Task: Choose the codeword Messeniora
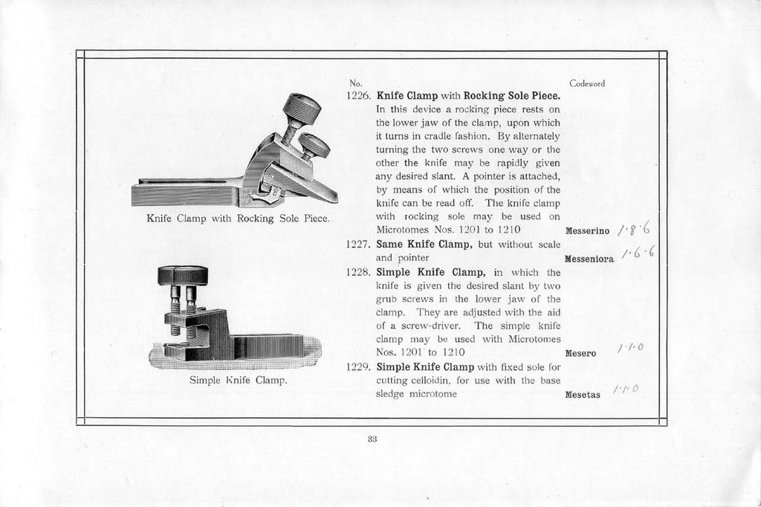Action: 589,259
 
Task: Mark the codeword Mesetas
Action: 583,395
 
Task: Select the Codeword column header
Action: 587,83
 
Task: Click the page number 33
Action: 372,439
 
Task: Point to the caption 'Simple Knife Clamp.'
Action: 238,381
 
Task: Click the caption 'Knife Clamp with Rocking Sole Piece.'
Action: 238,219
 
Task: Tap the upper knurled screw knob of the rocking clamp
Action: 302,109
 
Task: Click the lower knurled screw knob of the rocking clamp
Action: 315,144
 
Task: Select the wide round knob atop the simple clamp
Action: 183,275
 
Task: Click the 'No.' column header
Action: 355,83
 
